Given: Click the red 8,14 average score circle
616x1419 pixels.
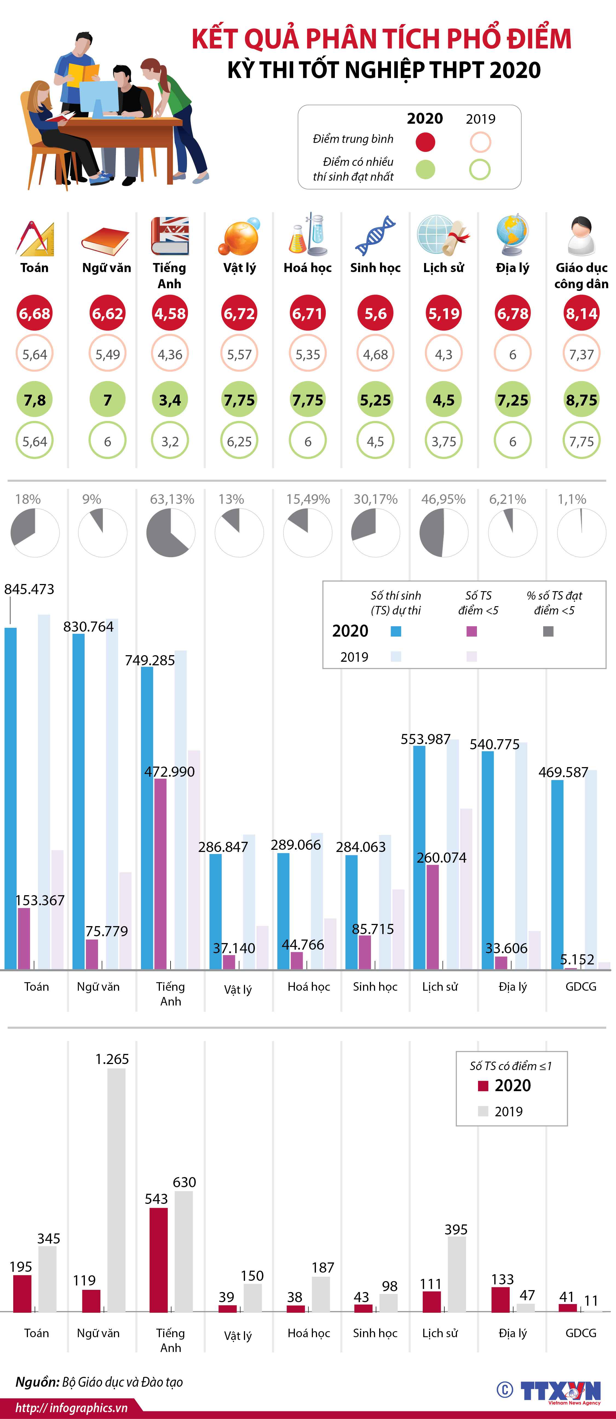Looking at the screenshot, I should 581,313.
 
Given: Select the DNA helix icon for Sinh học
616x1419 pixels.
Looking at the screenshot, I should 375,236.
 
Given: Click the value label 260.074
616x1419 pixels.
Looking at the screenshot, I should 441,858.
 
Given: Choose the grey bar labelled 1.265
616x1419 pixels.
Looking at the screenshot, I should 116,1190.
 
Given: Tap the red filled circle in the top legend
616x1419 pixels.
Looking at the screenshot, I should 425,142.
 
